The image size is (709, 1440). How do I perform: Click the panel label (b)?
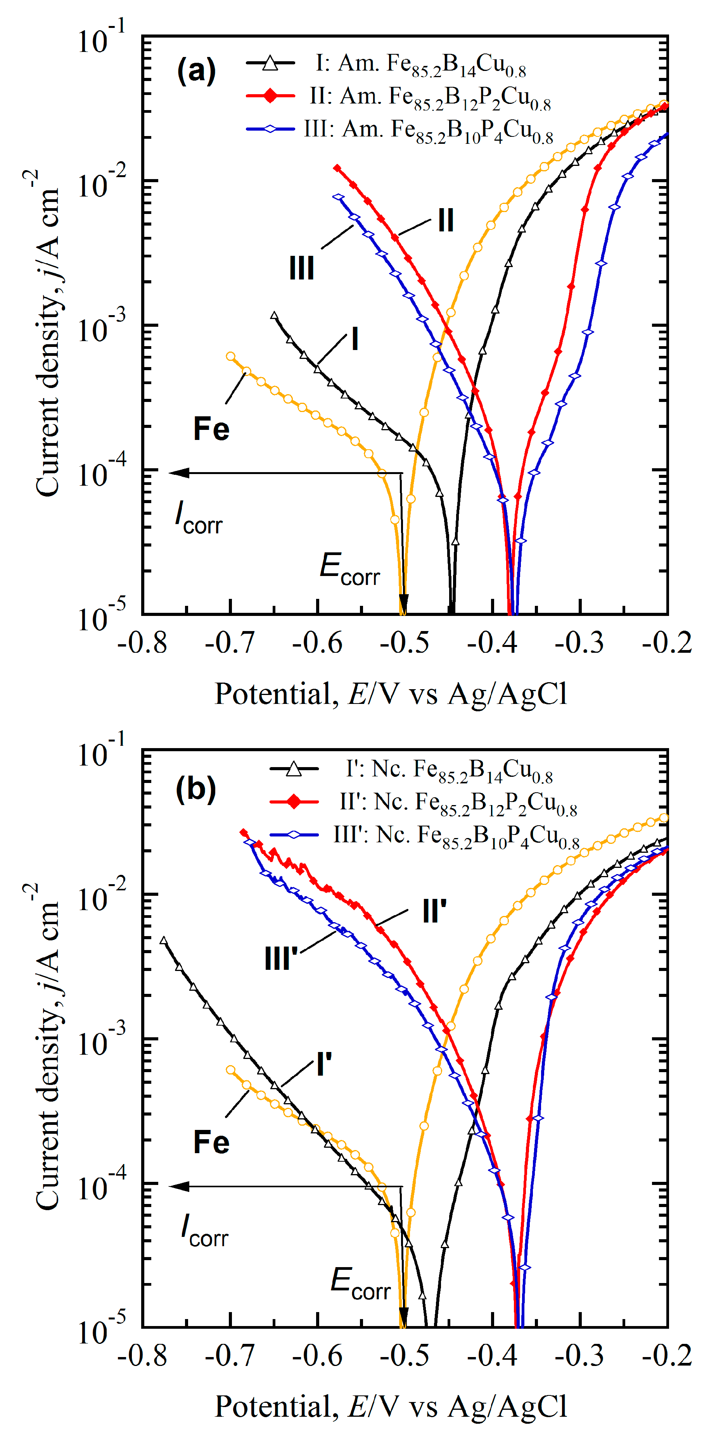(x=196, y=790)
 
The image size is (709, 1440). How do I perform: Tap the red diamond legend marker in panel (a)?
(x=271, y=96)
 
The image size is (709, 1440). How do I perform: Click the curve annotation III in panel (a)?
(x=301, y=268)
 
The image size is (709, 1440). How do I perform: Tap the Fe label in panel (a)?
(x=211, y=429)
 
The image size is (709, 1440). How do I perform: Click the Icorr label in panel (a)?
(x=199, y=517)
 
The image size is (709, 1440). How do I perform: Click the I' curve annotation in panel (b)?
(x=324, y=1064)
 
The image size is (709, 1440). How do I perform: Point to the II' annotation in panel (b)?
(x=434, y=912)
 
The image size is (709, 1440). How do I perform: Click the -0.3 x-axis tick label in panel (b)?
(x=579, y=1355)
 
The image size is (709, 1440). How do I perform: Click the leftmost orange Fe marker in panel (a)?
(x=230, y=356)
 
